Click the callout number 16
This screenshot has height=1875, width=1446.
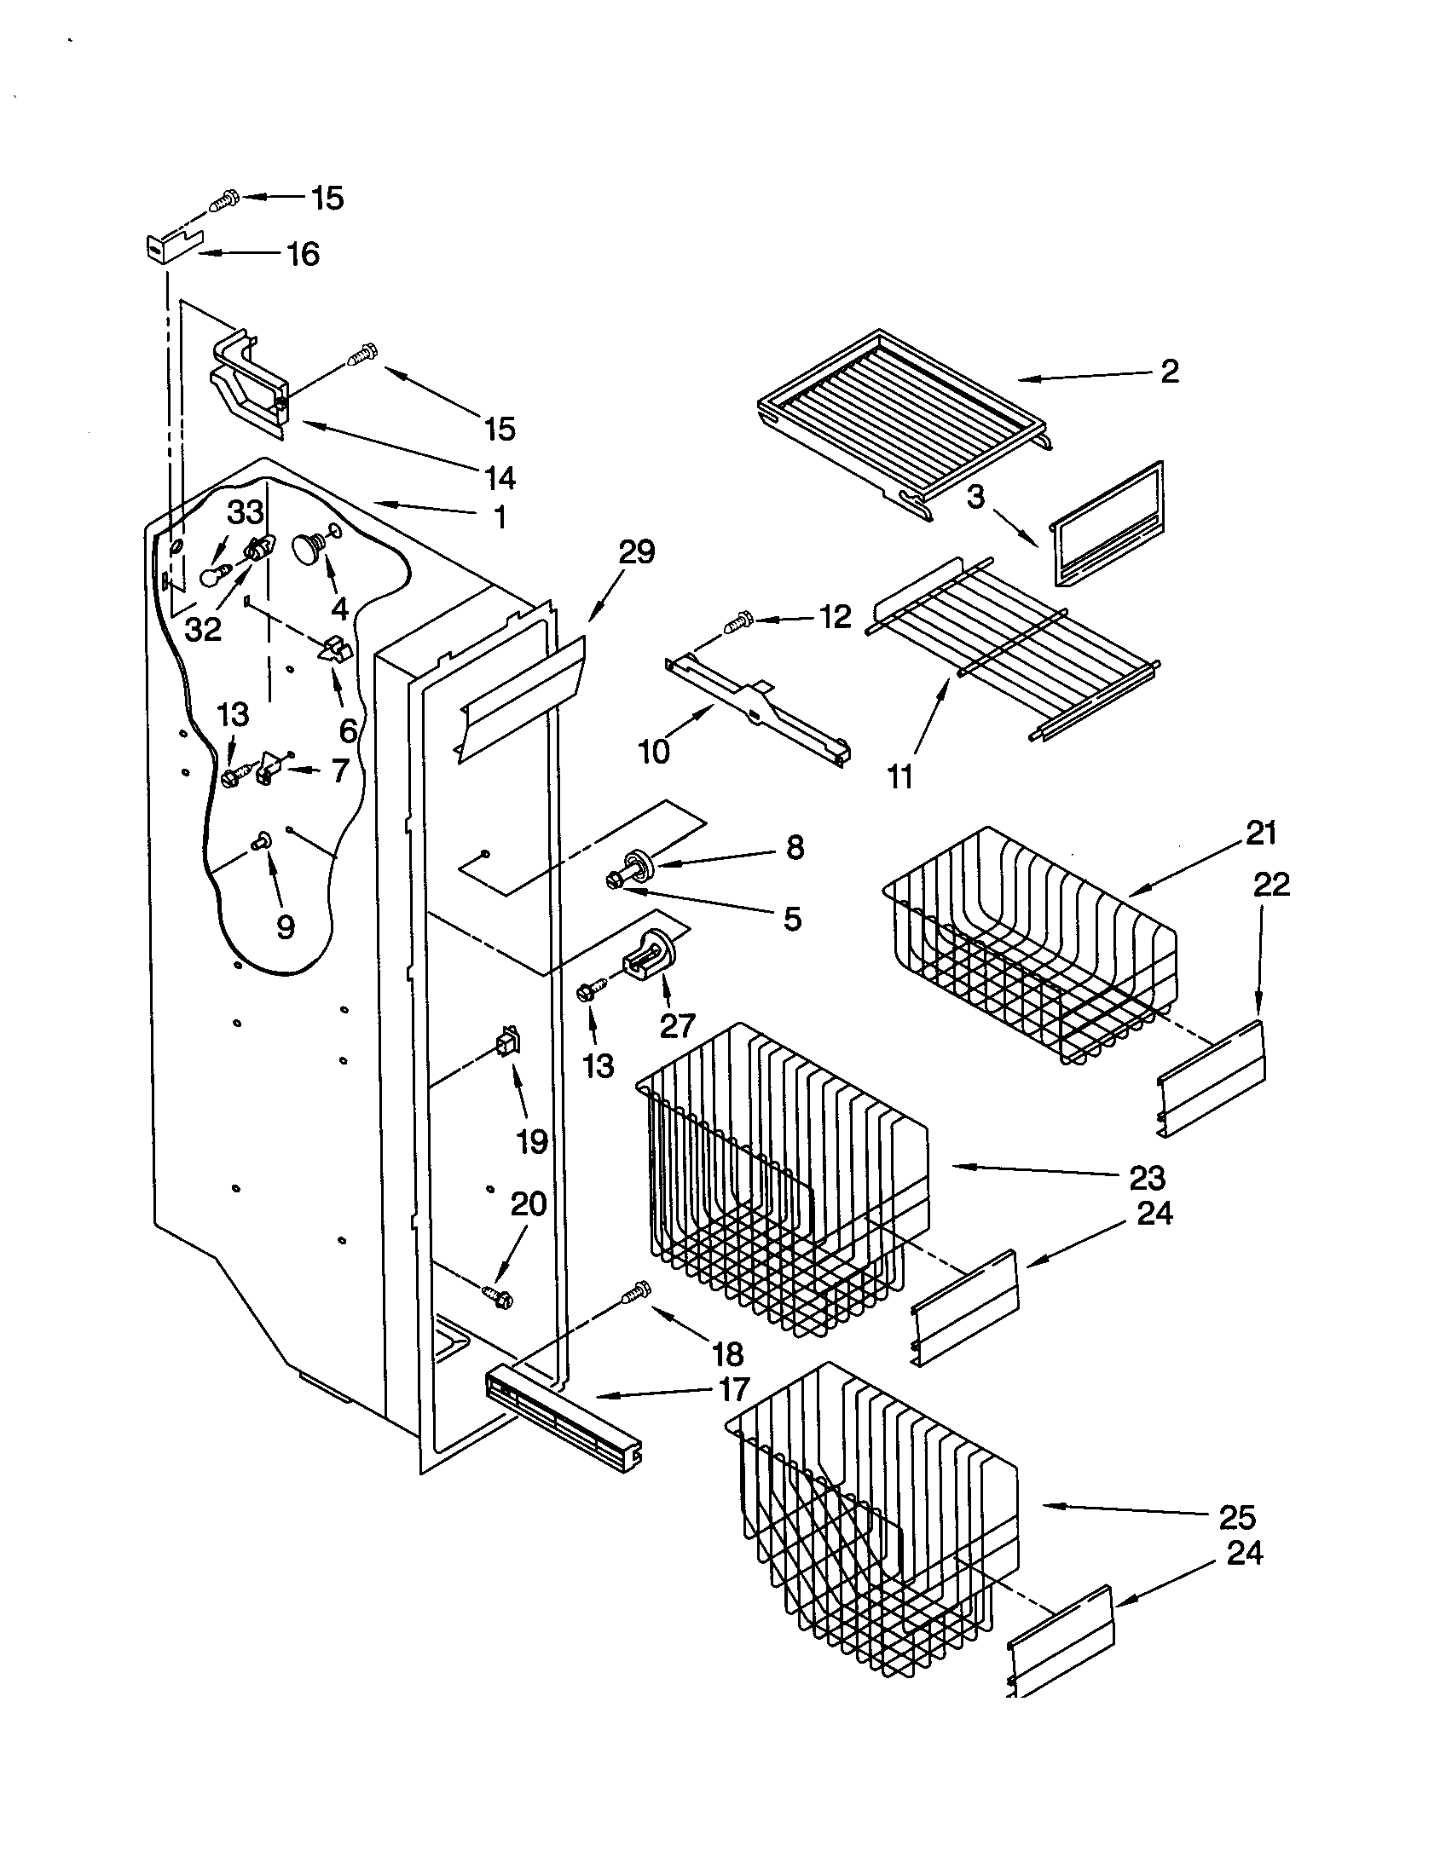pyautogui.click(x=303, y=254)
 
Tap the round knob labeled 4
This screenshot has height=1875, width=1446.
pyautogui.click(x=307, y=548)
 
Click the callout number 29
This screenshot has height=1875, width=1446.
pyautogui.click(x=636, y=552)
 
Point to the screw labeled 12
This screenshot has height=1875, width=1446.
pyautogui.click(x=737, y=620)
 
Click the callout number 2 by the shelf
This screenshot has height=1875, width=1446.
pyautogui.click(x=1169, y=371)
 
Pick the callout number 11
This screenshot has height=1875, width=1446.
pyautogui.click(x=899, y=777)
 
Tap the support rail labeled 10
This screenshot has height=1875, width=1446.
pyautogui.click(x=755, y=711)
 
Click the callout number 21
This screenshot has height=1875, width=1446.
pyautogui.click(x=1260, y=833)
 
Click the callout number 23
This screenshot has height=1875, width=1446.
pyautogui.click(x=1147, y=1178)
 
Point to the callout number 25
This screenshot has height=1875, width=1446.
pyautogui.click(x=1237, y=1518)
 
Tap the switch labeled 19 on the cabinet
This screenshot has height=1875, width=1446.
pyautogui.click(x=508, y=1043)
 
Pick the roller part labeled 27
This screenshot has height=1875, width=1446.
pyautogui.click(x=649, y=956)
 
